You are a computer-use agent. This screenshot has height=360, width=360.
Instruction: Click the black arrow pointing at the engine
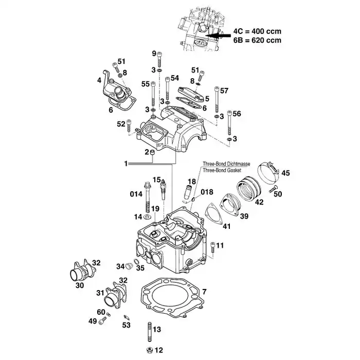tap(218, 35)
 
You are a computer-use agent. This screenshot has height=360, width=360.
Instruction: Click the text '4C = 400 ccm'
tap(257, 31)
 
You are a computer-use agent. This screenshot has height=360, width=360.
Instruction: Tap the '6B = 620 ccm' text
tap(257, 40)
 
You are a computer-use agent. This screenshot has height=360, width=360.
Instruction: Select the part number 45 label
tap(285, 173)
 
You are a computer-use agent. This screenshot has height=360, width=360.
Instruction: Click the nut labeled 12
tap(150, 350)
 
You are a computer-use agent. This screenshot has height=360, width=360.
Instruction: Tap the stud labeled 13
tap(150, 332)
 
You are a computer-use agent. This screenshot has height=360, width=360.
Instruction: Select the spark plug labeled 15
tap(164, 189)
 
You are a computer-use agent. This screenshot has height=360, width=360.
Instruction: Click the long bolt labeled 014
tap(148, 197)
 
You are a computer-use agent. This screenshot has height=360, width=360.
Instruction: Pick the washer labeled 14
tap(147, 217)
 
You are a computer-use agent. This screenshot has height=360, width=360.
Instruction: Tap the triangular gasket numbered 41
tap(214, 213)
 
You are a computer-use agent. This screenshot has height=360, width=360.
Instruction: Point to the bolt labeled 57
tap(217, 99)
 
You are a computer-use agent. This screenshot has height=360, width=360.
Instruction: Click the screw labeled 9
tap(159, 59)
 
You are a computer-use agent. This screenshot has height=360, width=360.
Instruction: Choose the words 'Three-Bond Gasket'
tap(222, 170)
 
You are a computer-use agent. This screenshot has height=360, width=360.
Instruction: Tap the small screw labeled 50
tap(273, 188)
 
